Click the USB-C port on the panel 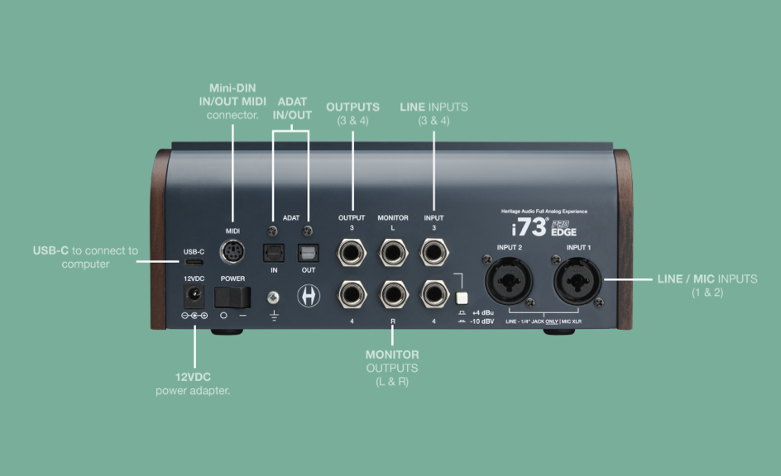pyautogui.click(x=194, y=262)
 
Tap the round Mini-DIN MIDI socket pyautogui.click(x=232, y=252)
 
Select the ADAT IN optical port pyautogui.click(x=274, y=253)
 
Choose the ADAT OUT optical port pyautogui.click(x=308, y=253)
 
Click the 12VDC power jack pyautogui.click(x=194, y=297)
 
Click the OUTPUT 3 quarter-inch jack pyautogui.click(x=352, y=253)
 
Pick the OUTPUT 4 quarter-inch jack pyautogui.click(x=352, y=294)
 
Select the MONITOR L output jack pyautogui.click(x=393, y=253)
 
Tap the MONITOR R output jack pyautogui.click(x=393, y=294)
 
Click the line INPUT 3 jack pyautogui.click(x=434, y=253)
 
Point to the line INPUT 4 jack pyautogui.click(x=434, y=294)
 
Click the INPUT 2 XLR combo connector pyautogui.click(x=509, y=280)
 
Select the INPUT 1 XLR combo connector pyautogui.click(x=577, y=280)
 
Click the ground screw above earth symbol pyautogui.click(x=274, y=297)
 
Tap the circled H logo pyautogui.click(x=309, y=296)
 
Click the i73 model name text pyautogui.click(x=529, y=227)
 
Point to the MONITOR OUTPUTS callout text pyautogui.click(x=392, y=368)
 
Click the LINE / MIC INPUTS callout pyautogui.click(x=707, y=285)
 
